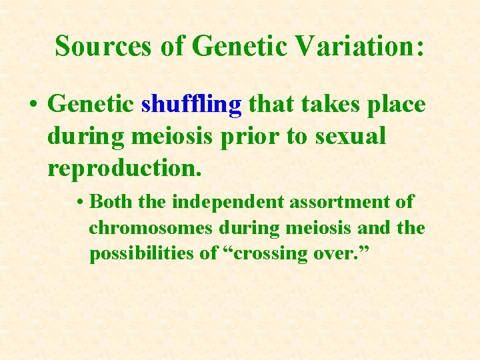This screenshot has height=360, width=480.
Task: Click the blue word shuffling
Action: click(192, 105)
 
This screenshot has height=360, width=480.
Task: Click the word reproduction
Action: click(123, 169)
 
